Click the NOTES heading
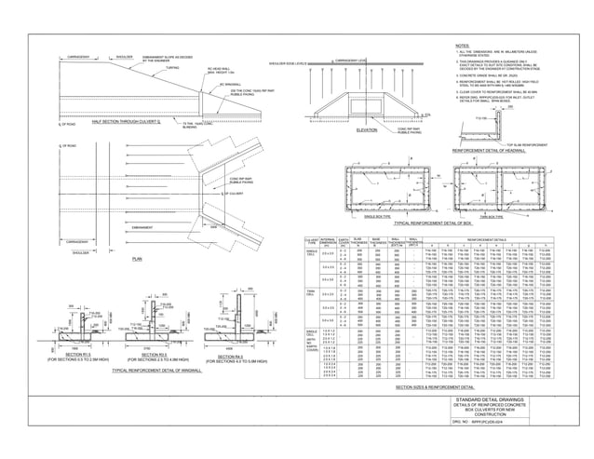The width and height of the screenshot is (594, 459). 463,45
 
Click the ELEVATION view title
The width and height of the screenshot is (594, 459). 369,130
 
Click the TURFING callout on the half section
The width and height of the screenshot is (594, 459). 172,68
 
